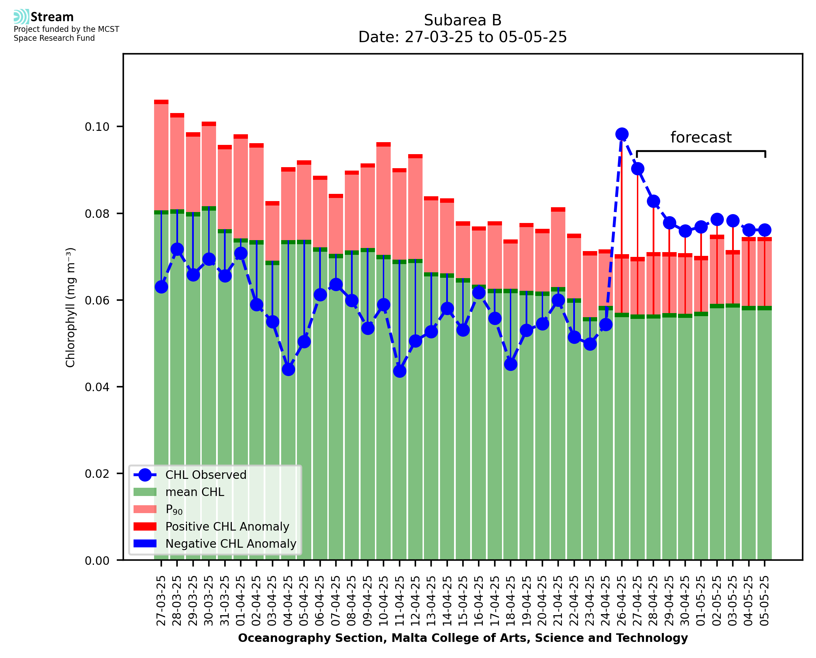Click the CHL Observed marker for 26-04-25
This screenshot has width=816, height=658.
[x=622, y=134]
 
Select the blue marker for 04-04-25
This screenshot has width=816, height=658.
[x=288, y=370]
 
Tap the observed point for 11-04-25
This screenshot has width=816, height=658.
[x=400, y=371]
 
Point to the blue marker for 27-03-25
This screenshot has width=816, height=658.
[x=161, y=287]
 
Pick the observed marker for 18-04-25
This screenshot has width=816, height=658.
[x=511, y=364]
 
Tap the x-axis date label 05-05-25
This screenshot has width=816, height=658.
[x=765, y=601]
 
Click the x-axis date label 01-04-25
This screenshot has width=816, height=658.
[x=241, y=601]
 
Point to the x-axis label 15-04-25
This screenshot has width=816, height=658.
[x=463, y=601]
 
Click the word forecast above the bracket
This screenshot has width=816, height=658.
[x=701, y=137]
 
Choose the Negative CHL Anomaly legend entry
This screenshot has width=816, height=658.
[x=231, y=544]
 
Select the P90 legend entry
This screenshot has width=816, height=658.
[x=174, y=510]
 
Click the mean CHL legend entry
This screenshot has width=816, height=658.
[x=195, y=492]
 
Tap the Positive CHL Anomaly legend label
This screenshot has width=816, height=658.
[x=227, y=526]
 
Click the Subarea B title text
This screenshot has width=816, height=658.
[x=463, y=20]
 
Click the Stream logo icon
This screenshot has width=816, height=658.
[x=21, y=17]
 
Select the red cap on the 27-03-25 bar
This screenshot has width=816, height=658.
[x=161, y=102]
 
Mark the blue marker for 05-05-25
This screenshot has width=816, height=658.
[x=765, y=230]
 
